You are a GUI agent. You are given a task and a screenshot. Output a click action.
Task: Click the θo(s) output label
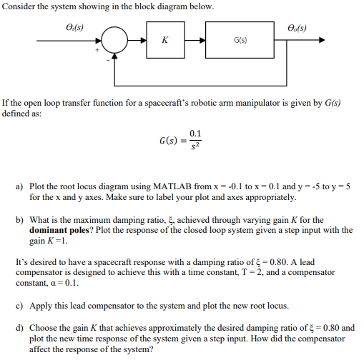point(299,28)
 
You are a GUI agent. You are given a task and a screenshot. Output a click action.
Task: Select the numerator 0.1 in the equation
point(195,133)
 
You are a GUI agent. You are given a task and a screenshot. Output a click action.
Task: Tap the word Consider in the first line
point(19,6)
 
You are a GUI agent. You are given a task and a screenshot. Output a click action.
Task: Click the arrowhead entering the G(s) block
point(204,41)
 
